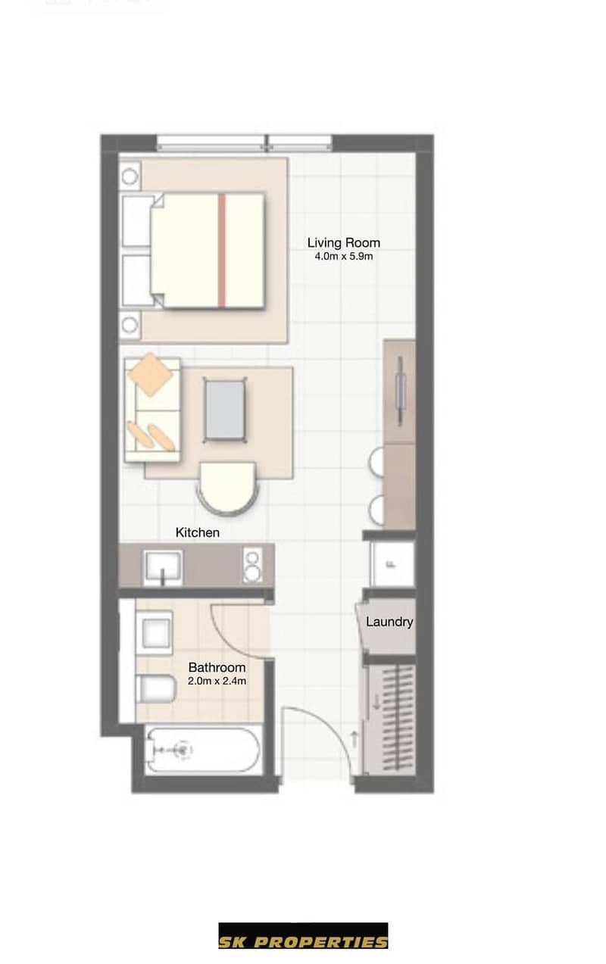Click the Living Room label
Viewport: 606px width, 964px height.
tap(343, 243)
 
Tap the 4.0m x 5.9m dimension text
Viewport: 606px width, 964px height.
tap(343, 257)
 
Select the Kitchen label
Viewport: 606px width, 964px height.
tap(197, 533)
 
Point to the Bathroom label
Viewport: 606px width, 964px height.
tap(217, 667)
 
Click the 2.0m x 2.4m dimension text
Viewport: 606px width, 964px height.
tap(217, 682)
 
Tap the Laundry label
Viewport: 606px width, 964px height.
tap(389, 622)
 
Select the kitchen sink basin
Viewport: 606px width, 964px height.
tap(163, 567)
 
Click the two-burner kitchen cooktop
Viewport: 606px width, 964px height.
tap(252, 565)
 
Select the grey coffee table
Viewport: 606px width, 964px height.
tap(225, 410)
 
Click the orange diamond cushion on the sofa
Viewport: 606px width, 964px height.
tap(151, 374)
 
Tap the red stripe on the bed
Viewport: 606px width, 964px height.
tap(221, 251)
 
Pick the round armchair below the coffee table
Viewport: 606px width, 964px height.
tap(228, 488)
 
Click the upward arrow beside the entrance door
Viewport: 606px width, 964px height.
tap(355, 739)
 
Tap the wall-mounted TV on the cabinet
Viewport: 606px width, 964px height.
tap(400, 391)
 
